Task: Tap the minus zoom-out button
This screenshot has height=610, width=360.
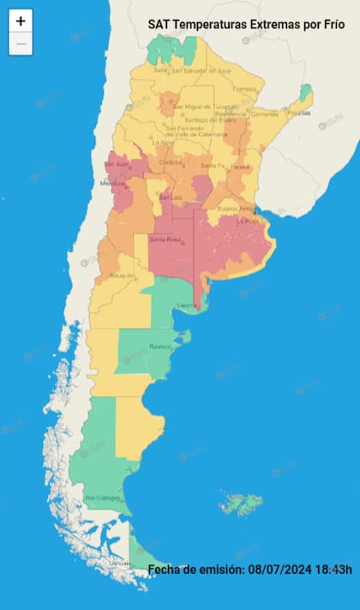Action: point(21,43)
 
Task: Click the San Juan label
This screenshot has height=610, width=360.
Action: point(117,164)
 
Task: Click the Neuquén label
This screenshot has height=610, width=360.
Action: point(121,276)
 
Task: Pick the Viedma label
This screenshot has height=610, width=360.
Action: point(187,305)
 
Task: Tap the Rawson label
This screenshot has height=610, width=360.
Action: point(161,347)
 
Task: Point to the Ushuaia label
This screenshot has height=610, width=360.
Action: point(119,563)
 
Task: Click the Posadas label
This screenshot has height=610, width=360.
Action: point(297,112)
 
